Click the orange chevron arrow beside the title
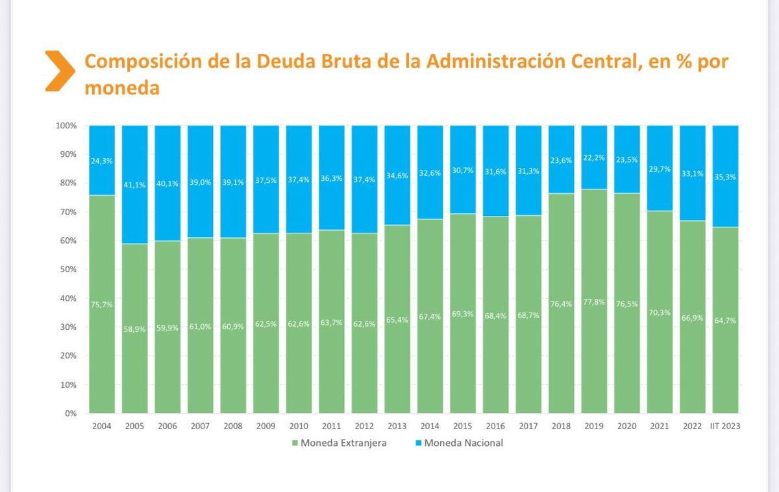click(x=60, y=70)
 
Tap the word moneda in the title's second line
click(x=122, y=88)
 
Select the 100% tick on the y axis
click(x=67, y=125)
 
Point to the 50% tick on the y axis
click(x=69, y=269)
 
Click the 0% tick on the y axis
click(x=71, y=413)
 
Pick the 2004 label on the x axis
click(x=102, y=426)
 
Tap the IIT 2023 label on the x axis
click(x=725, y=426)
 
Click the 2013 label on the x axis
click(x=397, y=426)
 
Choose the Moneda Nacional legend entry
click(x=463, y=443)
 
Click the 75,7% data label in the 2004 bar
click(x=102, y=304)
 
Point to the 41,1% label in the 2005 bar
click(x=135, y=184)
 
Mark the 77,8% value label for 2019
click(x=594, y=301)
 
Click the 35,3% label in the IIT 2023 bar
click(x=725, y=176)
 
